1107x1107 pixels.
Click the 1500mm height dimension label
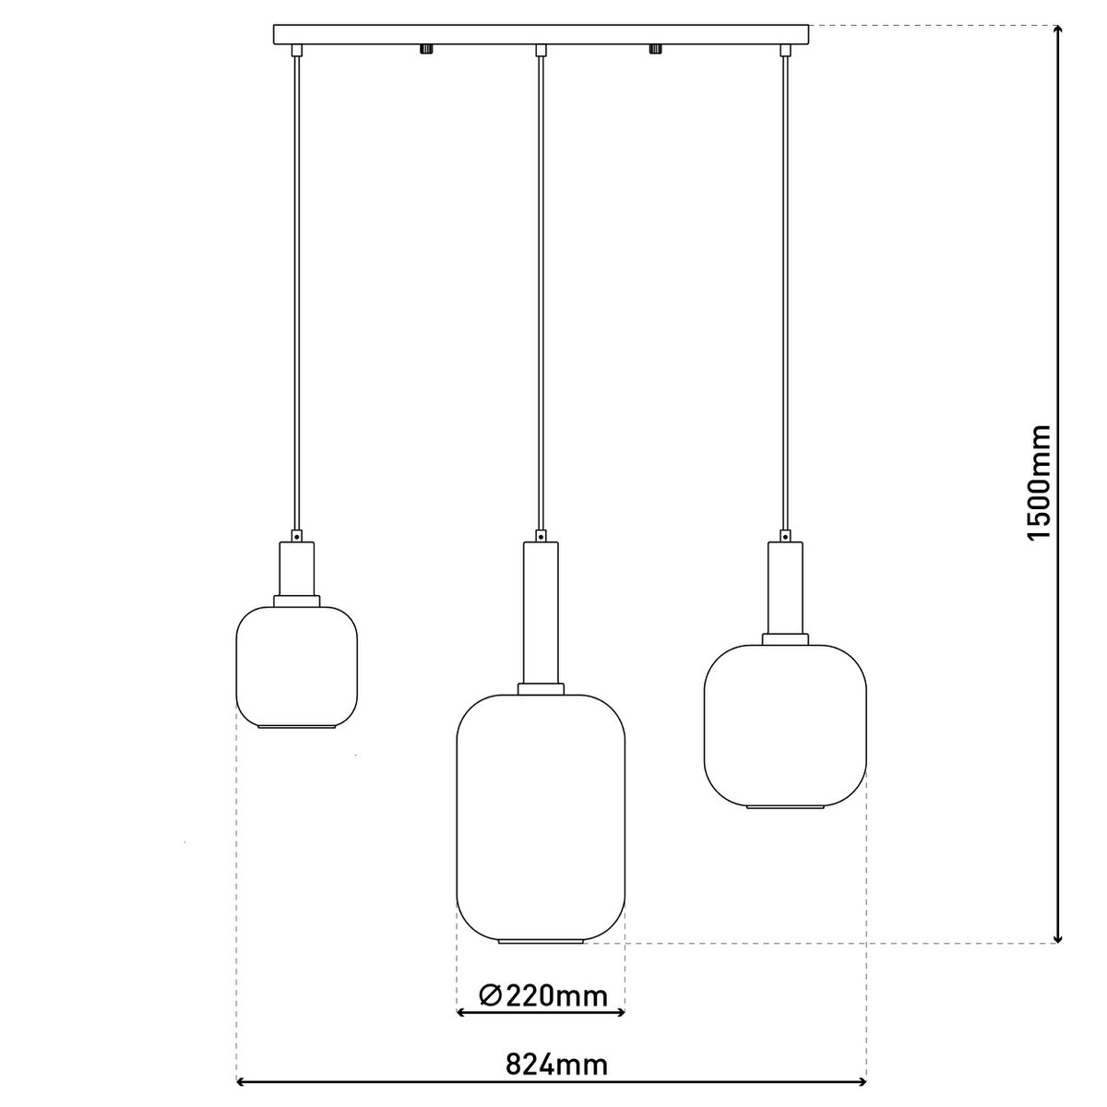pyautogui.click(x=1040, y=482)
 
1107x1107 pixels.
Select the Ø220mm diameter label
pyautogui.click(x=543, y=995)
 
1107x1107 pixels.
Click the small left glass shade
pyautogui.click(x=297, y=665)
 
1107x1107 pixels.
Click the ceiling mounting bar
pyautogui.click(x=542, y=34)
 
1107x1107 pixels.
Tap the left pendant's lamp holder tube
pyautogui.click(x=297, y=569)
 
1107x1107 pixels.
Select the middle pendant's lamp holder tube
pyautogui.click(x=542, y=613)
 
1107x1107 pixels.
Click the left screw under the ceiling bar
pyautogui.click(x=426, y=49)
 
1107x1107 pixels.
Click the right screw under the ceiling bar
pyautogui.click(x=657, y=49)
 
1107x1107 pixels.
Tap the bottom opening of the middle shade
pyautogui.click(x=542, y=942)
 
